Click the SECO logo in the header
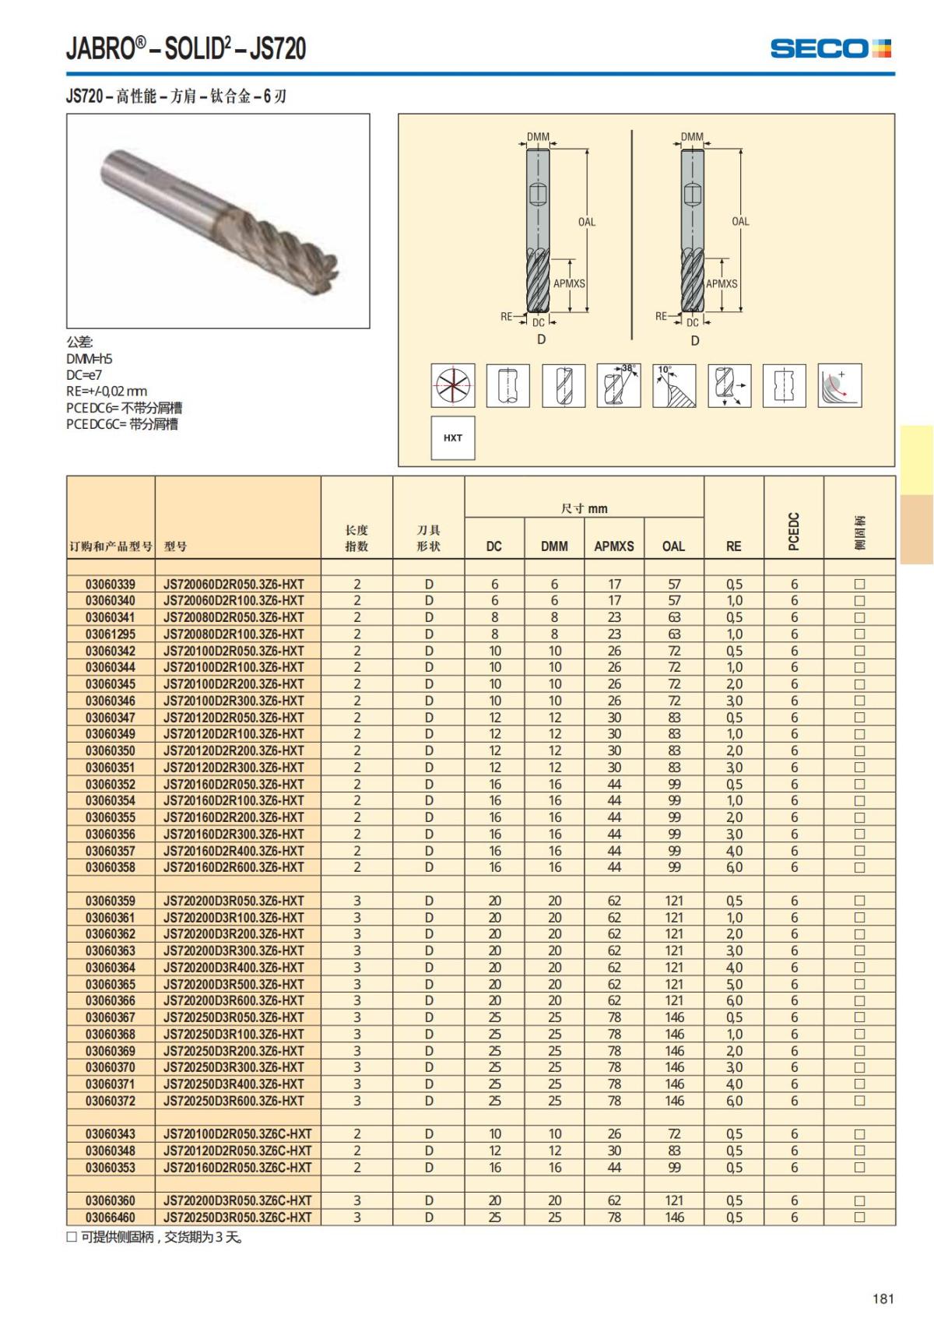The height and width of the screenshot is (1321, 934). click(x=830, y=48)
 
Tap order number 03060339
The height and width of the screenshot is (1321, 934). click(x=111, y=584)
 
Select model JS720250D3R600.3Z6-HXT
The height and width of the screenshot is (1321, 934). click(x=233, y=1101)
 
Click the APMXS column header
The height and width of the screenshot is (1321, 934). click(x=613, y=546)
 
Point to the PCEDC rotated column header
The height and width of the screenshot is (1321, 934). click(x=794, y=532)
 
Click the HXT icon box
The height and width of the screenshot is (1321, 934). click(x=453, y=437)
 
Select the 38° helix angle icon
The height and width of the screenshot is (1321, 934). click(x=619, y=385)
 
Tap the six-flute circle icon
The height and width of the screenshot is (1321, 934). click(x=453, y=385)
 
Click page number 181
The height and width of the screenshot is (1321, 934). click(x=883, y=1298)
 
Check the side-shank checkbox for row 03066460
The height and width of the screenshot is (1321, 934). click(x=859, y=1217)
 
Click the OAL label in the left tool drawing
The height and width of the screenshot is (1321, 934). click(x=587, y=222)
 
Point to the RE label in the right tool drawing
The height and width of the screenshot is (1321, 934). click(x=661, y=316)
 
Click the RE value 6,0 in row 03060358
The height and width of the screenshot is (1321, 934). click(x=734, y=867)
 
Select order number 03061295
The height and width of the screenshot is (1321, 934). click(x=111, y=634)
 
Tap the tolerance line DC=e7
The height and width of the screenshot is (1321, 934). click(x=84, y=374)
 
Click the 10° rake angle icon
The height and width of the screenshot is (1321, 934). click(x=674, y=385)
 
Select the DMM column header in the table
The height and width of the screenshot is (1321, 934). click(x=554, y=546)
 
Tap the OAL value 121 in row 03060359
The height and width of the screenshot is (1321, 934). click(x=674, y=901)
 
